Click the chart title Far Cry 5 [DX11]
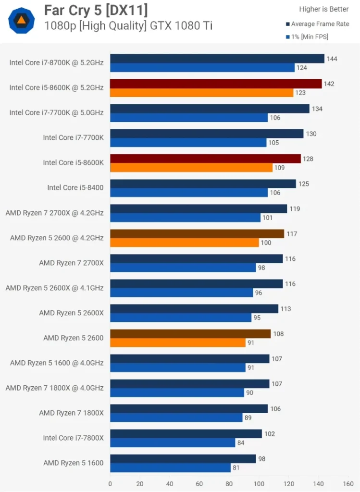(96, 10)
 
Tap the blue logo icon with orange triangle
(22, 21)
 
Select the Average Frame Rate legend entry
(320, 24)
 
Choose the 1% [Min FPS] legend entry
(310, 37)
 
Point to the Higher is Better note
(324, 9)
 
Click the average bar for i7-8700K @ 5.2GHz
(217, 59)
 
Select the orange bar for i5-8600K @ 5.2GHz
(202, 93)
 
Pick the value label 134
(317, 109)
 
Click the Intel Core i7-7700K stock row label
(73, 137)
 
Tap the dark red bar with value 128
(205, 159)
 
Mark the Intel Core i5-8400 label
(75, 187)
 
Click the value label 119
(295, 209)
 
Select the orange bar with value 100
(185, 243)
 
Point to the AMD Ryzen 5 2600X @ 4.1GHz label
(54, 288)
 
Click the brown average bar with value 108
(190, 333)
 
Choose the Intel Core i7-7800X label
(73, 438)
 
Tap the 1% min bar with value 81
(171, 467)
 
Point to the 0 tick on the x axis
(110, 484)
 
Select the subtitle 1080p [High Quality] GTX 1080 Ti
(128, 25)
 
